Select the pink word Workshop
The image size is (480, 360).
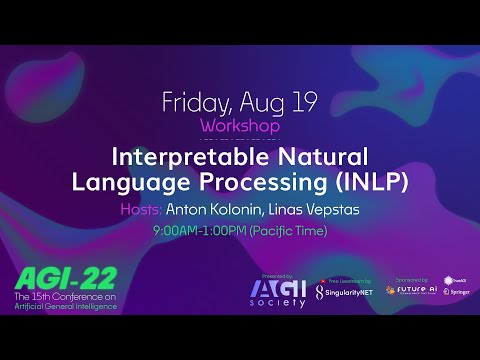239,127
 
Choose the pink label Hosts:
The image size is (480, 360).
140,210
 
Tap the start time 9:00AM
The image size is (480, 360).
175,231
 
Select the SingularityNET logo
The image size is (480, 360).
346,291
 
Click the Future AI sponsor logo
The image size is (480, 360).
409,290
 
